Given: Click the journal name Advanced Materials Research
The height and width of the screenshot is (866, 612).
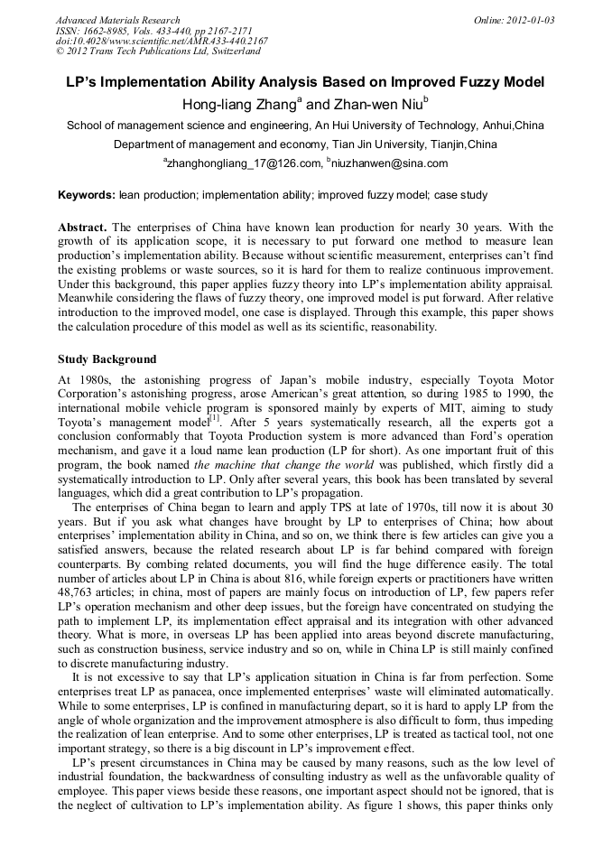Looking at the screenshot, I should (117, 19).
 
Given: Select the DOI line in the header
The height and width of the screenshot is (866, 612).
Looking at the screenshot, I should (162, 41).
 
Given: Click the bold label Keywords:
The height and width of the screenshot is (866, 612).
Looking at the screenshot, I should (87, 194).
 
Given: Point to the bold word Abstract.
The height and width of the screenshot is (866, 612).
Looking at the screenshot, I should (83, 227).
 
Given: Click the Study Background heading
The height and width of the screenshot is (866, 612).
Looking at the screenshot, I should (107, 359).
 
